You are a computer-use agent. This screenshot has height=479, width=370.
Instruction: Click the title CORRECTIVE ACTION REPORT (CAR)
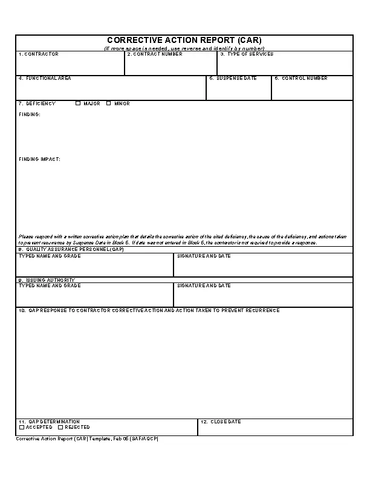184,41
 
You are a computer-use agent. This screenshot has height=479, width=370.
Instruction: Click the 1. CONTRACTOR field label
39,54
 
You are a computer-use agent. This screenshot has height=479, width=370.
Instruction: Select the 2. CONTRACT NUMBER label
155,54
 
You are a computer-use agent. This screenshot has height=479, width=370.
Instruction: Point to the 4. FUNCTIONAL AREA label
45,79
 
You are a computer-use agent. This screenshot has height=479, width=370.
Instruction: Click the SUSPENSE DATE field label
233,79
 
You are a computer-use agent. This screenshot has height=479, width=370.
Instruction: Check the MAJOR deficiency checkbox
78,103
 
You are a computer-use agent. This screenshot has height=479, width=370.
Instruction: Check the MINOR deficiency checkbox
109,103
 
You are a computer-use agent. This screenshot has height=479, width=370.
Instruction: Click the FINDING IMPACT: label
39,160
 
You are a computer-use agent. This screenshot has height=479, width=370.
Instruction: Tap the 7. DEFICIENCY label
37,103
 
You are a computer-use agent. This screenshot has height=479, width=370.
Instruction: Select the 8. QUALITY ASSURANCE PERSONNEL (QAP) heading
71,249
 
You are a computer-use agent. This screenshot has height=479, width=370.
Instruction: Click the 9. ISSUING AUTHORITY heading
47,281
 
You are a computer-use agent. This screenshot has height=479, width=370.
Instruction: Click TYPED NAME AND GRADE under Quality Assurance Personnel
50,256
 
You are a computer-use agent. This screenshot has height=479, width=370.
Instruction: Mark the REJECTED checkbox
60,427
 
